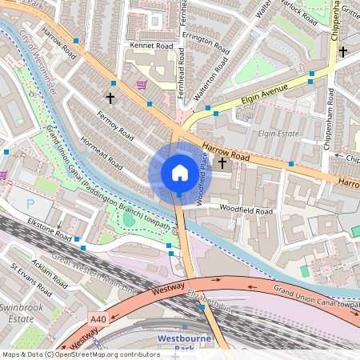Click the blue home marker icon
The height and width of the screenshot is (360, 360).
(x=179, y=173)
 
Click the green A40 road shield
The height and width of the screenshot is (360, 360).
(x=98, y=320)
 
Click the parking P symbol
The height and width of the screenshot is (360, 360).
(x=31, y=203)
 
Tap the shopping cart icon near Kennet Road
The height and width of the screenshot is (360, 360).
(x=142, y=84)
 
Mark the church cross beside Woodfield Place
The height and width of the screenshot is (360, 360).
(x=222, y=162)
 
